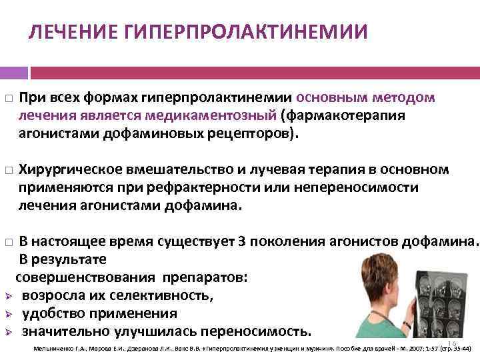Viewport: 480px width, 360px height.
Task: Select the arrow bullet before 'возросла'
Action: (x=8, y=296)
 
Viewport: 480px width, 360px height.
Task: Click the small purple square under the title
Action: (x=13, y=71)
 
